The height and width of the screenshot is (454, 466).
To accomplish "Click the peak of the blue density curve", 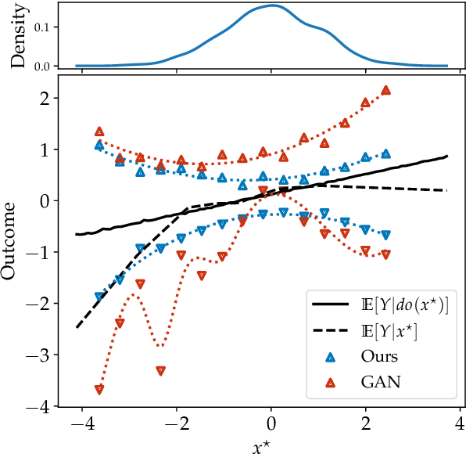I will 271,5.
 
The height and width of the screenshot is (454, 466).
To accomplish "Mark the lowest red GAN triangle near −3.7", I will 99,389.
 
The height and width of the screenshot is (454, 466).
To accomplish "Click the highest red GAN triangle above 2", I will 385,91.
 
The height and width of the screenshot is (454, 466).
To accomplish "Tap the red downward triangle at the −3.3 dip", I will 161,371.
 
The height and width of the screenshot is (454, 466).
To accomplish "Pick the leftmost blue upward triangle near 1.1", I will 99,146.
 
